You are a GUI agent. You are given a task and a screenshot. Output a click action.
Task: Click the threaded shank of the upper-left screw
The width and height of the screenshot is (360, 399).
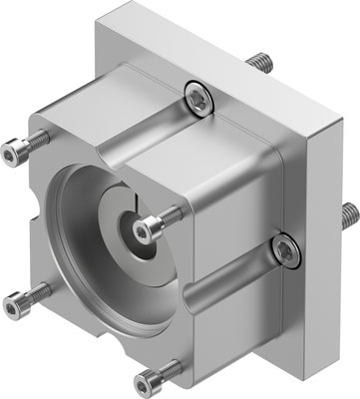click(40, 139)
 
